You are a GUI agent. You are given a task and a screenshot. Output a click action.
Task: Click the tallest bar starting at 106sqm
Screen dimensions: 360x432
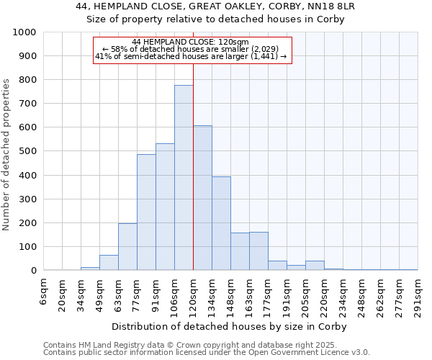[x=184, y=178]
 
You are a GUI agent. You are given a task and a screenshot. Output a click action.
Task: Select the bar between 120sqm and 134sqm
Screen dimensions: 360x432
[x=202, y=198]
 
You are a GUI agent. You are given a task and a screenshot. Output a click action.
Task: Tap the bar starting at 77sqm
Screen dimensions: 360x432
[x=146, y=212]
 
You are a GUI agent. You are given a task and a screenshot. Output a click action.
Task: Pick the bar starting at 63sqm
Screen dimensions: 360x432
[x=127, y=247]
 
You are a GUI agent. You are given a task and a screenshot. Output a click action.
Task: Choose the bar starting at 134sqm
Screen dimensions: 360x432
[x=221, y=223]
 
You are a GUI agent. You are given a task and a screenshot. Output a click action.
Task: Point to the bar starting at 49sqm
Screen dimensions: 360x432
[x=109, y=263]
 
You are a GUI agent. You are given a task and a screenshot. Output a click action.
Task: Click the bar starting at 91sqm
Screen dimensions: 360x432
[x=165, y=207]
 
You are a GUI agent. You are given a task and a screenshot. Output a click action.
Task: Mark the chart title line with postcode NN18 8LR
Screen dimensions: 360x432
[x=215, y=6]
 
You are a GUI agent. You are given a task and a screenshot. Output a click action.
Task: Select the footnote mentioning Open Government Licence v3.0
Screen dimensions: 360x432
[x=207, y=352]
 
